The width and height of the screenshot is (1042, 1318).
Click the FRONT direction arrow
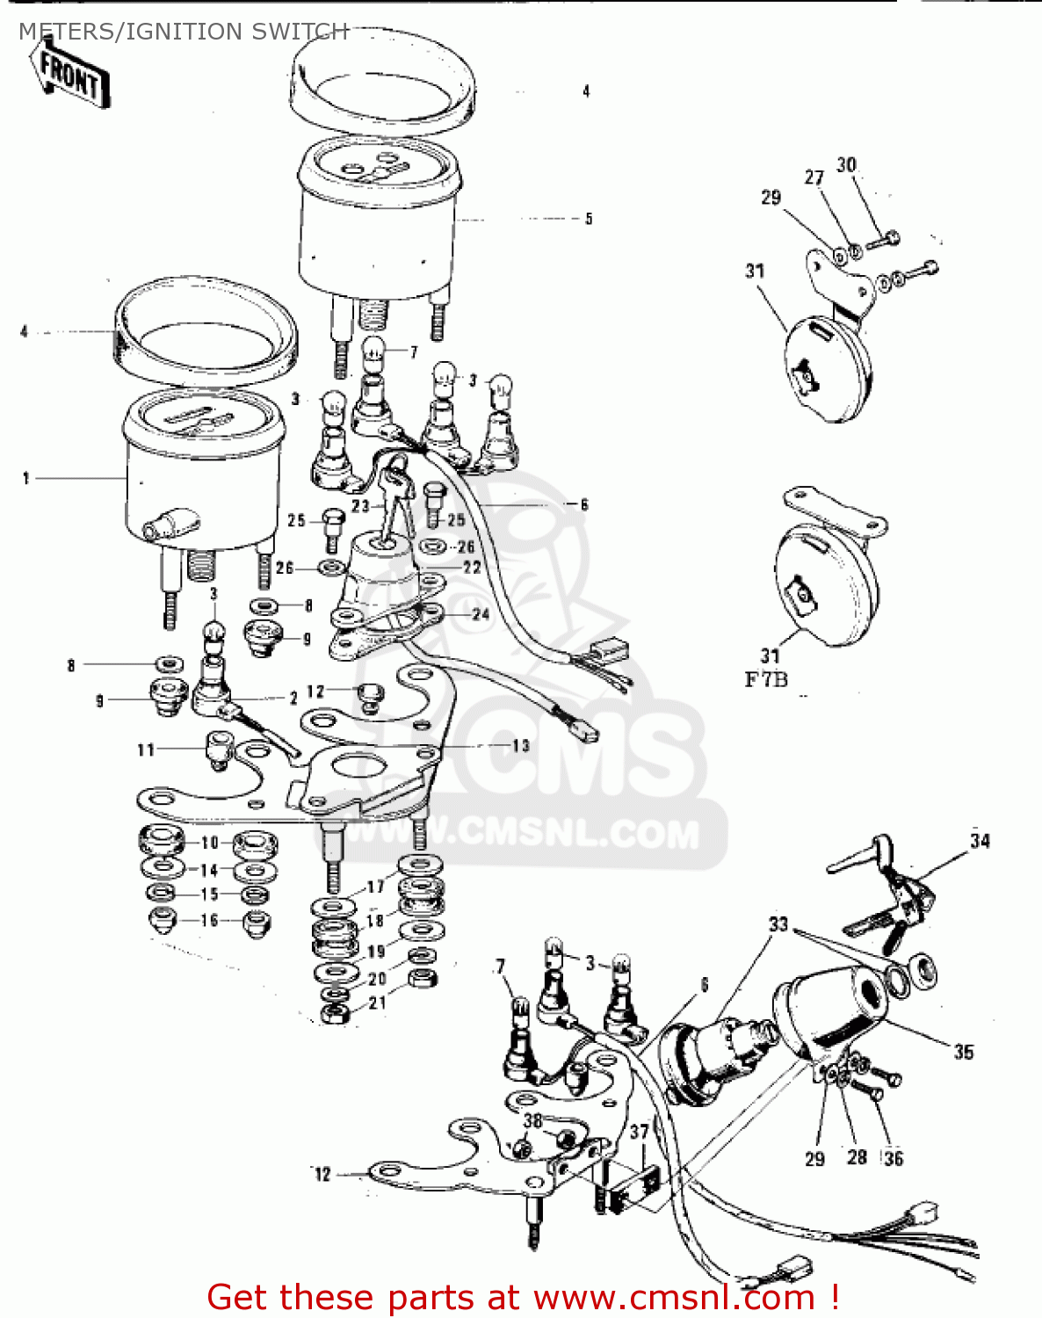point(70,76)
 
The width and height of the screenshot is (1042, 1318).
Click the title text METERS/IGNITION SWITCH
point(183,32)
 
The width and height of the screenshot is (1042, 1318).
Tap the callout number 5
point(589,219)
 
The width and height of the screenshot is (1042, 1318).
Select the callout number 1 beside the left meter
point(26,478)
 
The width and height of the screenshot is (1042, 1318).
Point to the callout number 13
point(521,745)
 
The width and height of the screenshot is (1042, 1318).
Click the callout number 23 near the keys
point(360,506)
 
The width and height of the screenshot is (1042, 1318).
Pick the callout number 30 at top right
point(846,165)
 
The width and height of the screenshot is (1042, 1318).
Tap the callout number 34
point(980,841)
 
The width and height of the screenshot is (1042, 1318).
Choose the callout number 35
point(964,1052)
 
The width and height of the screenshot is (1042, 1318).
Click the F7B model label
point(766,679)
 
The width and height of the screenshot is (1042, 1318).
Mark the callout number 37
point(639,1133)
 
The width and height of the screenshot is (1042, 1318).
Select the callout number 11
point(146,750)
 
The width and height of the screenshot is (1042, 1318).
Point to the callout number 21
point(377,1003)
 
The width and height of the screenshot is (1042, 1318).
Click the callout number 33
point(778,924)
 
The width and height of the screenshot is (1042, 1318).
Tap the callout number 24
point(481,614)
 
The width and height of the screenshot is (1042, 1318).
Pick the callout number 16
point(209,920)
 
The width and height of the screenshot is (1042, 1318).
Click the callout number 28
point(857,1157)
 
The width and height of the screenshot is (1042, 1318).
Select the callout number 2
point(293,698)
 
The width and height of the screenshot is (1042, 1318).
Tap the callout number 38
point(532,1120)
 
